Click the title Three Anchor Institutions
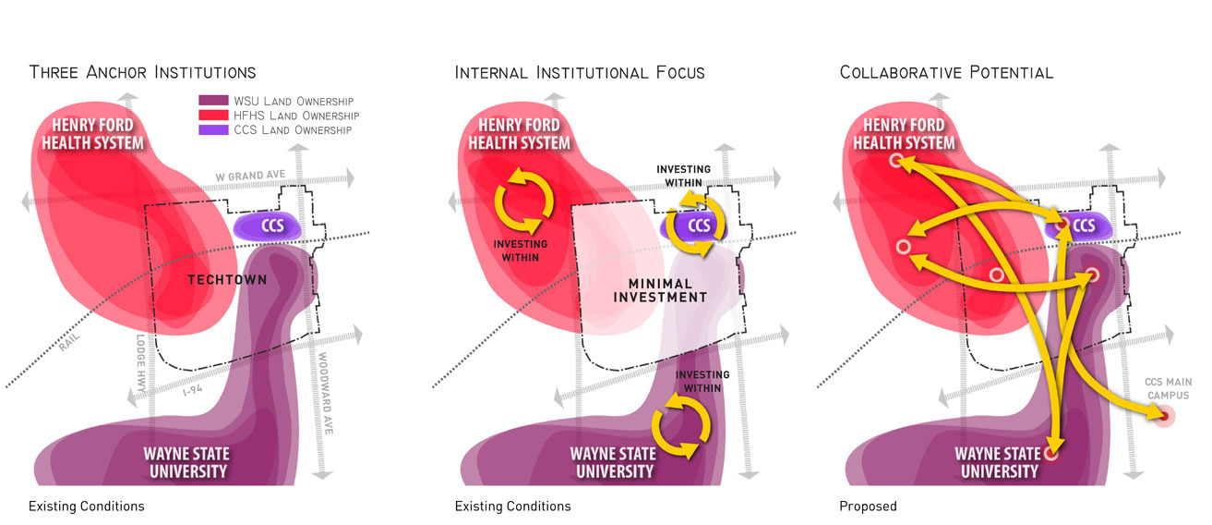tap(142, 72)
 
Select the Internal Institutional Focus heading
tap(579, 72)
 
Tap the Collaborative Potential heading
tap(946, 72)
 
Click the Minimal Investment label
tap(660, 290)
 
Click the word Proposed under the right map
tap(868, 507)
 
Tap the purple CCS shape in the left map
tap(269, 226)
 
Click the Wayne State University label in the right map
tap(996, 462)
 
